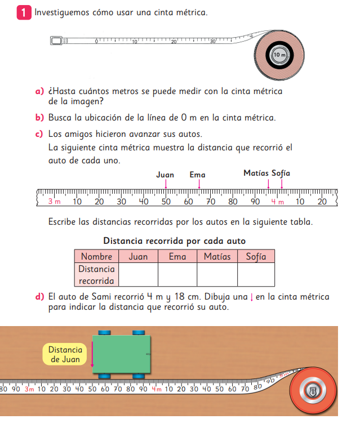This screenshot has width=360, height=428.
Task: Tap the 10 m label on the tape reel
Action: pos(279,55)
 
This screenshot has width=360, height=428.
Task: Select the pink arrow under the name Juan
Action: pos(166,184)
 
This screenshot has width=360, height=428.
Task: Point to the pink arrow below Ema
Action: pos(198,184)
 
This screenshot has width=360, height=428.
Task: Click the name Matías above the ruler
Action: pos(256,173)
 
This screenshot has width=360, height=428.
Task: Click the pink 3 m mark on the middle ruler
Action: pos(54,202)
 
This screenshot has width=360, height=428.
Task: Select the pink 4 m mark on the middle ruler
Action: pos(277,202)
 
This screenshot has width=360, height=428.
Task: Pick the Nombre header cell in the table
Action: pos(96,256)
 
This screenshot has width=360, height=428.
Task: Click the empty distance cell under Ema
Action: pos(177,275)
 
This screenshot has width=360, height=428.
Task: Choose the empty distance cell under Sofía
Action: pos(256,275)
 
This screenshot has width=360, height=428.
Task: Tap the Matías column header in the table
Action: pos(217,256)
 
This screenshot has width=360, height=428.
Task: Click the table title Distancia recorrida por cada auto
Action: pos(174,241)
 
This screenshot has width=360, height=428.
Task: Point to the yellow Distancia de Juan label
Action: pos(65,354)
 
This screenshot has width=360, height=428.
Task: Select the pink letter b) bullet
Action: pos(39,118)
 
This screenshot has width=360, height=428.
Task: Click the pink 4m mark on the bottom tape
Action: pos(156,389)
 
